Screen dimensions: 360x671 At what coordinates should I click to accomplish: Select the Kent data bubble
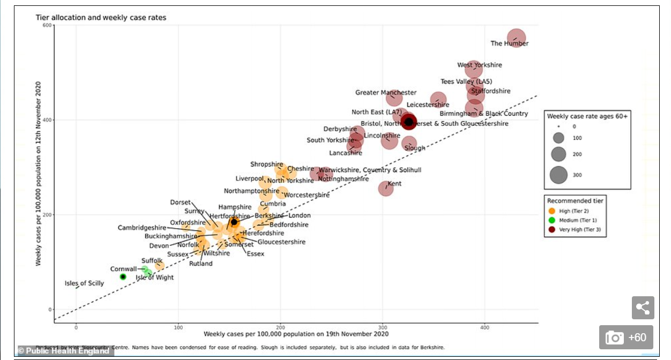click(385, 188)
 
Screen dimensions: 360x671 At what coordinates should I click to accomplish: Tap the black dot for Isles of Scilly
click(123, 276)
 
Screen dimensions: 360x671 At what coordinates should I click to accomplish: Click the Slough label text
click(415, 148)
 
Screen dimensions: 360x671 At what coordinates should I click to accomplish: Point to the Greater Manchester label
click(385, 93)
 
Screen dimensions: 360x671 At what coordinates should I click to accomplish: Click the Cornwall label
click(123, 269)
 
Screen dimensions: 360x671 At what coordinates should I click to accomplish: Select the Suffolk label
click(152, 261)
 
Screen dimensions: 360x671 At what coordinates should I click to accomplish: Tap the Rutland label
click(200, 264)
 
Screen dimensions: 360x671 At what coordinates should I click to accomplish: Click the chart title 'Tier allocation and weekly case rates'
click(101, 18)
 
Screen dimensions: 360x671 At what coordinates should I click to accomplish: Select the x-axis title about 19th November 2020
click(296, 334)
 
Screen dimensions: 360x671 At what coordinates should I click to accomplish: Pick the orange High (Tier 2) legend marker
click(551, 211)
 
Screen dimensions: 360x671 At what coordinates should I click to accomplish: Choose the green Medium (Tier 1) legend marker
click(551, 220)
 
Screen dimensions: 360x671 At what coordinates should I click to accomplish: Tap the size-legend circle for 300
click(558, 175)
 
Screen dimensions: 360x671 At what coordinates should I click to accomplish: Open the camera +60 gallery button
click(626, 337)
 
